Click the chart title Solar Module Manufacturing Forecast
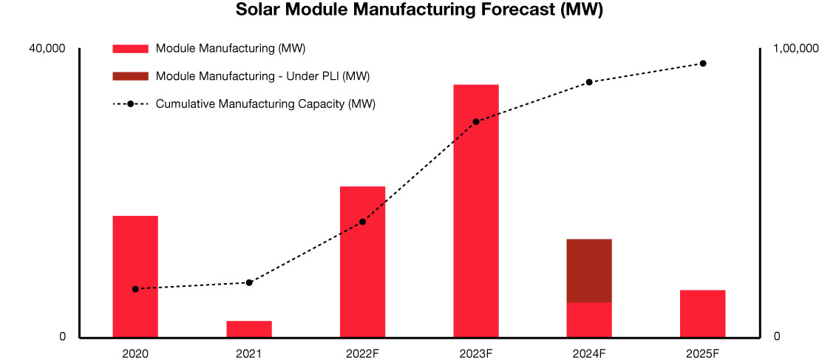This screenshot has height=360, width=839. click(x=419, y=10)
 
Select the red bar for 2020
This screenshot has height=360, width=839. click(x=135, y=276)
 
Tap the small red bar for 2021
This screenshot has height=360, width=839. click(x=249, y=329)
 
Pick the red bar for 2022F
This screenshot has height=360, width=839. click(x=362, y=262)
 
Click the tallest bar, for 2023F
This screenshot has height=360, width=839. click(x=476, y=211)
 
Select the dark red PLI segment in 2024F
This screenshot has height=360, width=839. click(x=589, y=271)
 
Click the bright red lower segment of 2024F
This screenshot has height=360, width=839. click(x=589, y=319)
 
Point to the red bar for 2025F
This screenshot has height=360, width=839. click(x=702, y=313)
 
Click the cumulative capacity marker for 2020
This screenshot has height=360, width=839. click(x=135, y=289)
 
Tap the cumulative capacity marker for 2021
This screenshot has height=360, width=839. click(x=249, y=282)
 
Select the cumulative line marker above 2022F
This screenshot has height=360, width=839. click(x=362, y=222)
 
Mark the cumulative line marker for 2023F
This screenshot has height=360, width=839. click(x=476, y=121)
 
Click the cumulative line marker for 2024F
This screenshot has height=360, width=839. click(x=589, y=82)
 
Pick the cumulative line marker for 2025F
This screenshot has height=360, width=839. click(x=703, y=64)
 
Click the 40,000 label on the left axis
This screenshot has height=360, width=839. click(x=47, y=49)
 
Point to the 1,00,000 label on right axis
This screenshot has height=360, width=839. click(x=795, y=49)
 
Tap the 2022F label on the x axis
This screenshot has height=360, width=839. click(x=362, y=353)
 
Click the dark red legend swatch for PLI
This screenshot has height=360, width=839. click(x=131, y=76)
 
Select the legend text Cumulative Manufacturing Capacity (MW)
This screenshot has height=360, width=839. click(x=265, y=104)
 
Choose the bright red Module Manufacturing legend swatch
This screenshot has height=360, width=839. click(x=131, y=49)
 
